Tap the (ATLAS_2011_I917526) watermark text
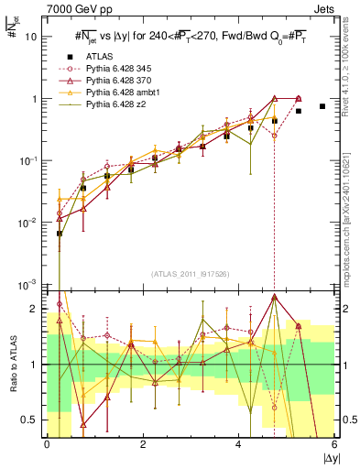[191, 275]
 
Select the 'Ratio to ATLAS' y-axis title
[12, 364]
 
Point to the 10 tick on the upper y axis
[31, 38]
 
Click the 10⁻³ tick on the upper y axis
[29, 284]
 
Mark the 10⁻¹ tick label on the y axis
[29, 161]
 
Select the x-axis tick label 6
[334, 444]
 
